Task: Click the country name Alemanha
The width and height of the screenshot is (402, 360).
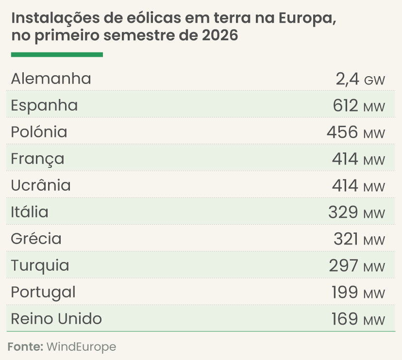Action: point(51,79)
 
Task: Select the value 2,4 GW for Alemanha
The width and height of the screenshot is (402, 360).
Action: point(360,79)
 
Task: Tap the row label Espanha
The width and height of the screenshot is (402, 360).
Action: point(44,106)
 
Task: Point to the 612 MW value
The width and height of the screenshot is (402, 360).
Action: point(359,106)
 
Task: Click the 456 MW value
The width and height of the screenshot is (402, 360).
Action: point(356,132)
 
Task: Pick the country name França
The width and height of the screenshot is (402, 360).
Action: point(37,159)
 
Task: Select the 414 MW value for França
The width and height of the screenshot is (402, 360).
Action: point(358,159)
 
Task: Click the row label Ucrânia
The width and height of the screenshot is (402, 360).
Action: point(41,185)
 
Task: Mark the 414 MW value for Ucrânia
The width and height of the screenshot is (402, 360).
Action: point(358,186)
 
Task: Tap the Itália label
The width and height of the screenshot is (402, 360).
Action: point(30,212)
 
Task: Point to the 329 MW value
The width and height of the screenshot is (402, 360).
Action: point(357,213)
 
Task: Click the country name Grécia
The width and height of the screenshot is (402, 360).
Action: point(36,239)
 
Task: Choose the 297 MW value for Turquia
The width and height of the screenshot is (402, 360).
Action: point(357,266)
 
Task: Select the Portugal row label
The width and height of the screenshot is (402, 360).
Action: point(43,293)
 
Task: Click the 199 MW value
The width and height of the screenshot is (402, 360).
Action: point(358,293)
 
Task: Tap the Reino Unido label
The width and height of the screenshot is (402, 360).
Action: point(56,319)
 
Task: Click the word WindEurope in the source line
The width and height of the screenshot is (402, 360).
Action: point(81,347)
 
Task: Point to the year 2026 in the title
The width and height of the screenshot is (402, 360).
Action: point(220,35)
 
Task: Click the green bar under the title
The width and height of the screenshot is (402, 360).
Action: point(57,54)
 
